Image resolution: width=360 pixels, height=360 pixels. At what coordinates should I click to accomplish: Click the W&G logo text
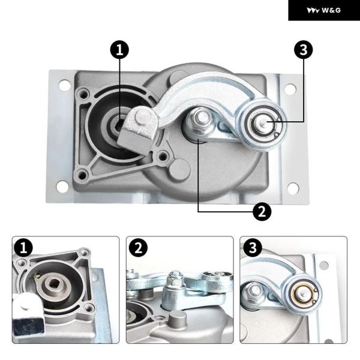tap(331, 10)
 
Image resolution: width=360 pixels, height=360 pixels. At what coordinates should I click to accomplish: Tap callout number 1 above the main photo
tap(119, 50)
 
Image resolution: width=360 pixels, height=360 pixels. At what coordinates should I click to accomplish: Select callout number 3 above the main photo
tap(304, 50)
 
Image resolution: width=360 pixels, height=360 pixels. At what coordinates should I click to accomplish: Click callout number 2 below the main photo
tap(262, 211)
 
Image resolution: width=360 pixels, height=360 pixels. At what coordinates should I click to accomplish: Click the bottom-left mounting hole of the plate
tap(62, 187)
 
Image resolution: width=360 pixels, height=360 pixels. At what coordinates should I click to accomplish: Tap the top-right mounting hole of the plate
tap(290, 89)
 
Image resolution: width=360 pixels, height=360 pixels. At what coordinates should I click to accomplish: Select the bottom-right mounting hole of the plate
tap(293, 188)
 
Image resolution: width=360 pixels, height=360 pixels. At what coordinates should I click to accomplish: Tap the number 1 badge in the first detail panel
tap(23, 248)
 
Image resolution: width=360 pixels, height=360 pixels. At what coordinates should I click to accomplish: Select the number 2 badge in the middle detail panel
tap(138, 248)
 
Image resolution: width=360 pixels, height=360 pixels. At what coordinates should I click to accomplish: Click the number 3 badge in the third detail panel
tap(253, 248)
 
